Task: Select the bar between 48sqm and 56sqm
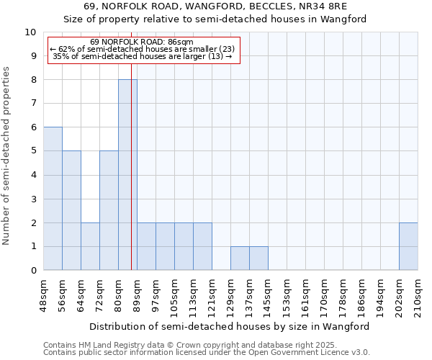tap(53, 199)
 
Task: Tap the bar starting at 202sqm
tap(408, 246)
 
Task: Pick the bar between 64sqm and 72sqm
tap(90, 246)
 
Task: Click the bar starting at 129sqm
tap(240, 258)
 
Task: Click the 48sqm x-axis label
tap(44, 292)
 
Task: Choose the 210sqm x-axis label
tap(418, 294)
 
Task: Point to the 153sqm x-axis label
tap(287, 294)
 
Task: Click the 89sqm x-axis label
tap(137, 292)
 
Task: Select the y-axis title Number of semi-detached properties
tap(6, 156)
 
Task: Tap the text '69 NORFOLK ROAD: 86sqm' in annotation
tap(143, 42)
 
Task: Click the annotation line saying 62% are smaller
tap(143, 49)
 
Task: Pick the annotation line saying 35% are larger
tap(143, 56)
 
